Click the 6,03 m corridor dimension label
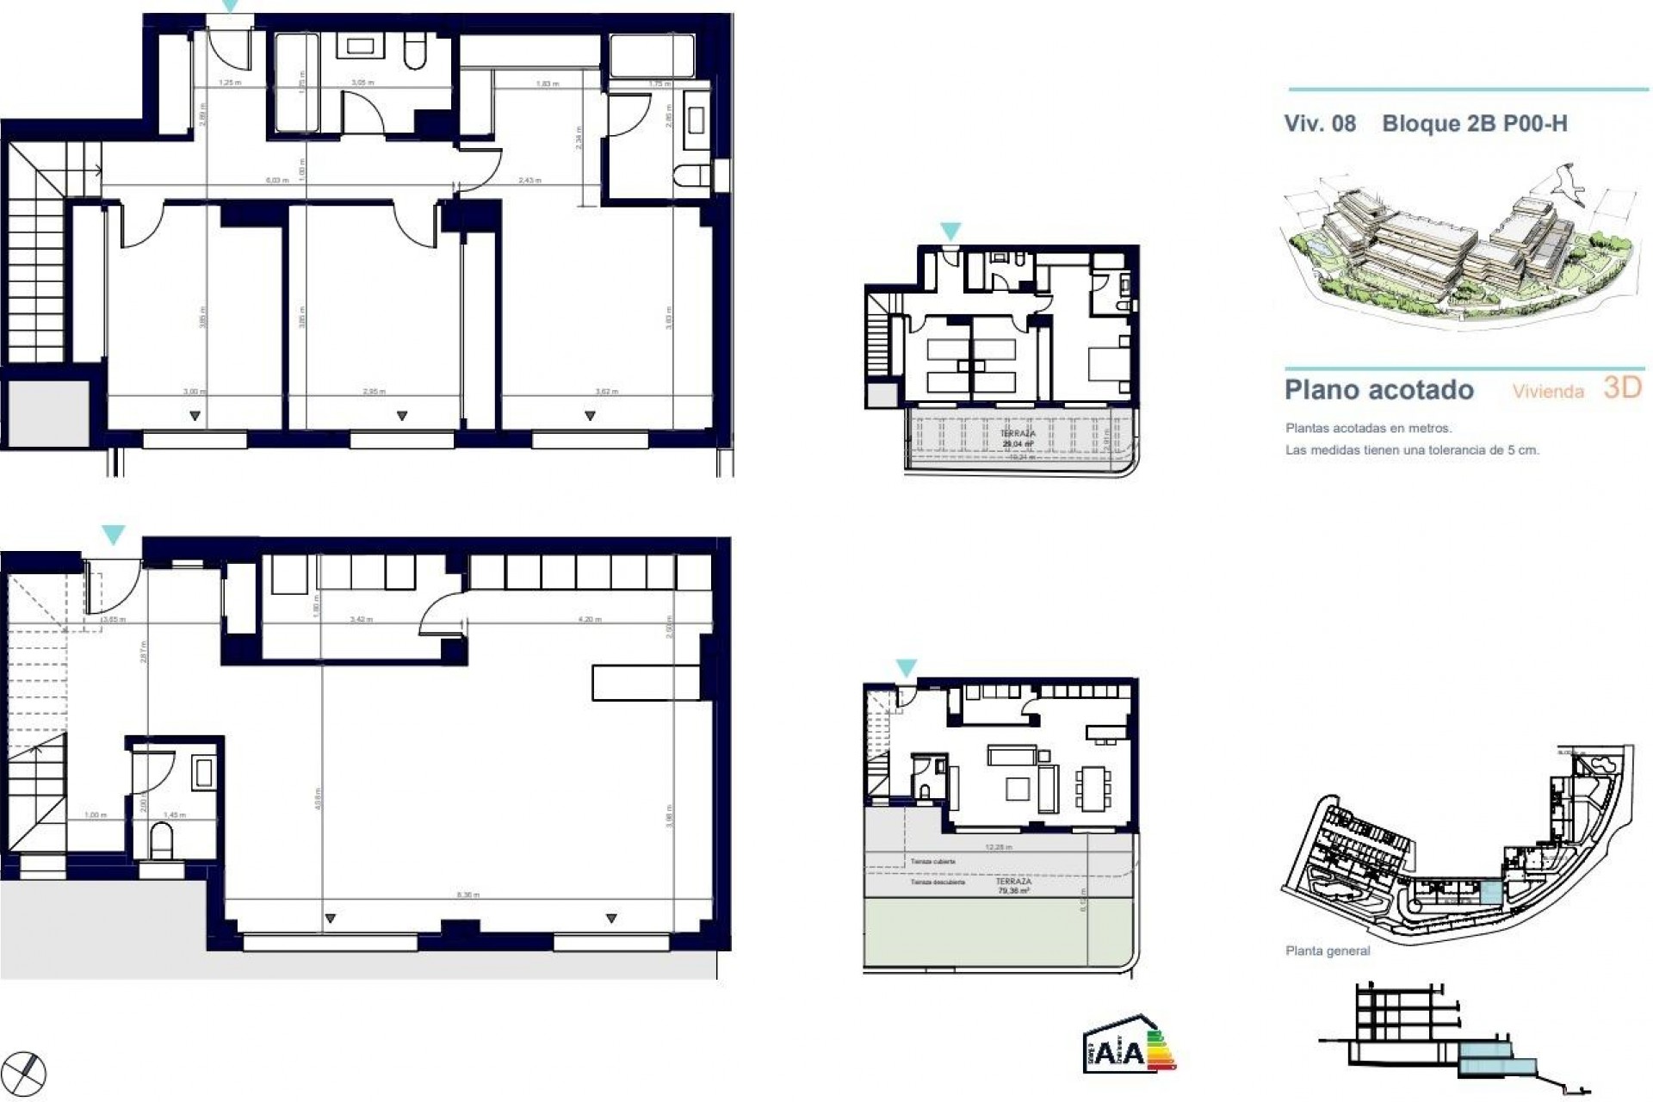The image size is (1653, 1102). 275,180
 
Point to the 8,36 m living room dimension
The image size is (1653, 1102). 467,895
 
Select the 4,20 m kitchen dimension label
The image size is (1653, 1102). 590,619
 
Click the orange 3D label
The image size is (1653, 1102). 1623,388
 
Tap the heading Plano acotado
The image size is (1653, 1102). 1379,390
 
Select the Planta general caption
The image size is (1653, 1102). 1327,951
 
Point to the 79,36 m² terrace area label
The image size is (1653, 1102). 1013,891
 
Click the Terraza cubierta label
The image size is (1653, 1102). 932,861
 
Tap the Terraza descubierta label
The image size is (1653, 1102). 938,882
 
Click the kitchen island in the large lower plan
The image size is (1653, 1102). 646,682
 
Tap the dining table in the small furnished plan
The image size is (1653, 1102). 1091,789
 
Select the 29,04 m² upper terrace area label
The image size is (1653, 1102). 1018,444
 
